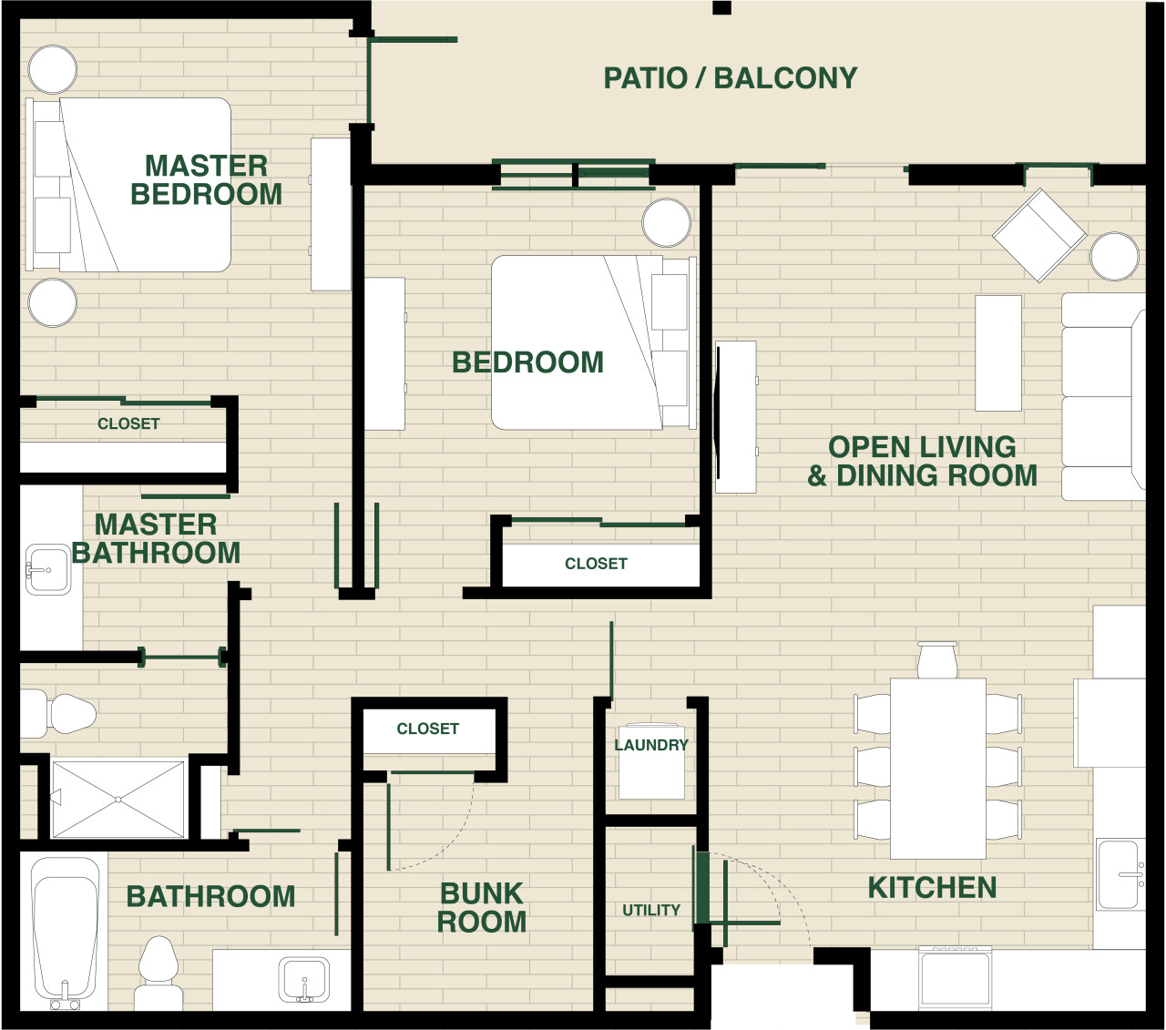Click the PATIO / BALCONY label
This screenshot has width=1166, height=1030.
tap(730, 78)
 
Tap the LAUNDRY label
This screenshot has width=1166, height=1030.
tap(651, 745)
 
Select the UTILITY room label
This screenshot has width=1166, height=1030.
tap(651, 911)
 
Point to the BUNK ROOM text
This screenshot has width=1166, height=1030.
tap(482, 908)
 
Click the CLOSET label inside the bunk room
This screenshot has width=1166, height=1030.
tap(427, 729)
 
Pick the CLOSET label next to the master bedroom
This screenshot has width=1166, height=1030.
tap(128, 424)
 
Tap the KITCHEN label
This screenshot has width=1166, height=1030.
tap(932, 888)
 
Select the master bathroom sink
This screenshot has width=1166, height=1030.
tap(48, 570)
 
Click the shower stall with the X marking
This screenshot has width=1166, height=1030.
tap(118, 800)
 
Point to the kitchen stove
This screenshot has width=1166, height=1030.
tap(956, 978)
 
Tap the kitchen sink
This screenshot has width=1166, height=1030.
tap(1120, 874)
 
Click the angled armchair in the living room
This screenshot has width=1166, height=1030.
tap(1039, 235)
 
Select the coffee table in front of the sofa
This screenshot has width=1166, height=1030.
tap(998, 353)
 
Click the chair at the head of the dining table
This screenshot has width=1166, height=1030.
tap(937, 660)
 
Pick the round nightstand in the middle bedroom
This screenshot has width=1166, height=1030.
tap(667, 223)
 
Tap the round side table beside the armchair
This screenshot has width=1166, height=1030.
tap(1115, 257)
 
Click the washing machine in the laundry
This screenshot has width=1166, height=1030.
tap(651, 761)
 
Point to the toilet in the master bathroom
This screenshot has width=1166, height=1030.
tap(58, 713)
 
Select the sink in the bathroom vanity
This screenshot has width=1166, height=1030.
tap(304, 980)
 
